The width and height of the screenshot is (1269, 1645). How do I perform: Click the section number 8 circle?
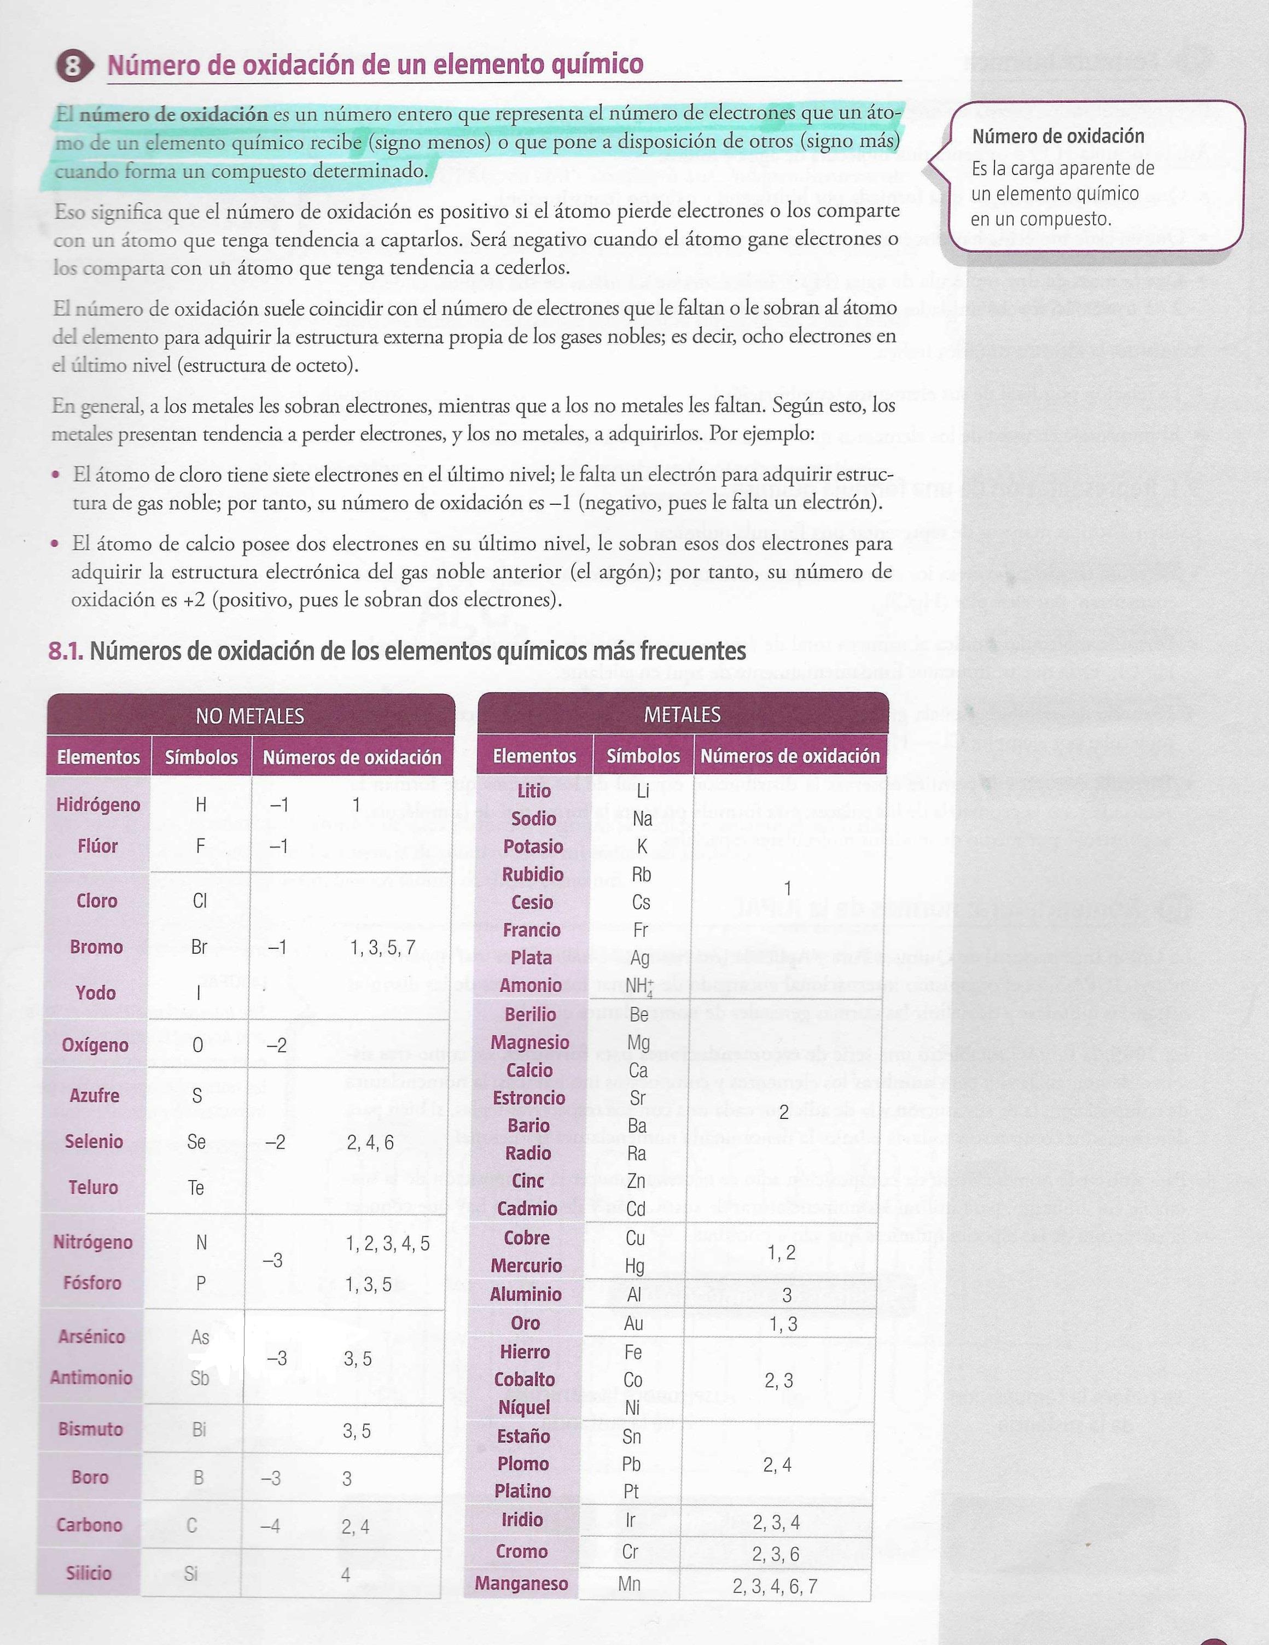pyautogui.click(x=72, y=66)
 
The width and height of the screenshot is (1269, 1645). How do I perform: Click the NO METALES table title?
pyautogui.click(x=249, y=715)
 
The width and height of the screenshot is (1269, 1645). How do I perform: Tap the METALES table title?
pyautogui.click(x=682, y=714)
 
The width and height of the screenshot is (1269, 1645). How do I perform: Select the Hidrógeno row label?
pyautogui.click(x=98, y=804)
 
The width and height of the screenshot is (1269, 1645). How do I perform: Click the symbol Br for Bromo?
pyautogui.click(x=199, y=947)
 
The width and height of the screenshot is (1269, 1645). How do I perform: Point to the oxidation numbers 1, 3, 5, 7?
pyautogui.click(x=383, y=948)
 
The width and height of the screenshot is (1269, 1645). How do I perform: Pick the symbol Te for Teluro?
pyautogui.click(x=196, y=1188)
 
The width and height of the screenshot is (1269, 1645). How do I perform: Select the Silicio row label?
pyautogui.click(x=88, y=1573)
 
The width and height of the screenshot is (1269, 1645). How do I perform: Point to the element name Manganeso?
pyautogui.click(x=521, y=1583)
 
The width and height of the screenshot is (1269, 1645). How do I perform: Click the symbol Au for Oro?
pyautogui.click(x=633, y=1323)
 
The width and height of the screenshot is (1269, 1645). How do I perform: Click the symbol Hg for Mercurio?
pyautogui.click(x=634, y=1266)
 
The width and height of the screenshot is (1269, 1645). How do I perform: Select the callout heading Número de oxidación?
pyautogui.click(x=1057, y=136)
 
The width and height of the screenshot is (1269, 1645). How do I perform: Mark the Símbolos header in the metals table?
pyautogui.click(x=643, y=755)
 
